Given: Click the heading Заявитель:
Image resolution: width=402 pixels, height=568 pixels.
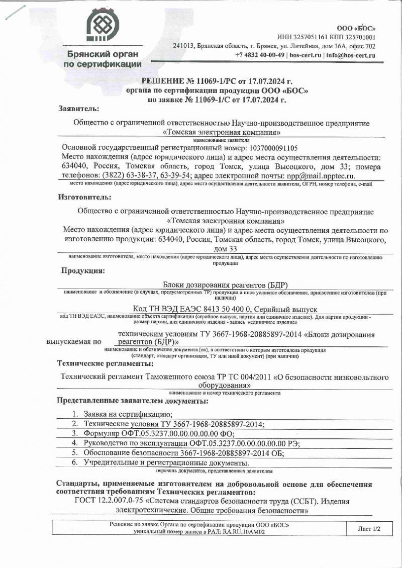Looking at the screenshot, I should click(78, 108).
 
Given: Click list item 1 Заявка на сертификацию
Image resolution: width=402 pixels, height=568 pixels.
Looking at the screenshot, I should click(128, 414).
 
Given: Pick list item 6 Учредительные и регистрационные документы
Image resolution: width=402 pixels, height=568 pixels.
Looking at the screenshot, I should click(166, 462).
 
